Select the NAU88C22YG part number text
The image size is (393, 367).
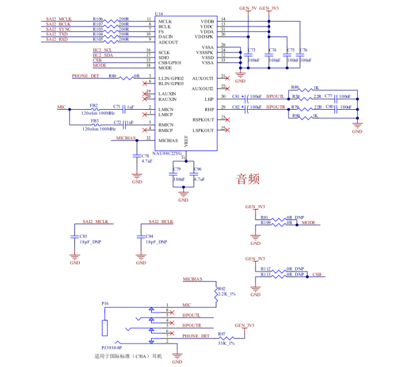168,153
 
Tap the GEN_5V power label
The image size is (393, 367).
248,8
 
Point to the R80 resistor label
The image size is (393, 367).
112,76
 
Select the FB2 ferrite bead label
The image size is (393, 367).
94,105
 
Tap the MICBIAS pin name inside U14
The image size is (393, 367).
172,140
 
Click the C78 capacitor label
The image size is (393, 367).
145,156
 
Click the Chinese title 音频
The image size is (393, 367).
248,179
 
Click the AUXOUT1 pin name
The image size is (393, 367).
203,78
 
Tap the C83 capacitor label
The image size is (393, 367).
83,236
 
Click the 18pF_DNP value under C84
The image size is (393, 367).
156,243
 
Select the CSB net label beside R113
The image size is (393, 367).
317,275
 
